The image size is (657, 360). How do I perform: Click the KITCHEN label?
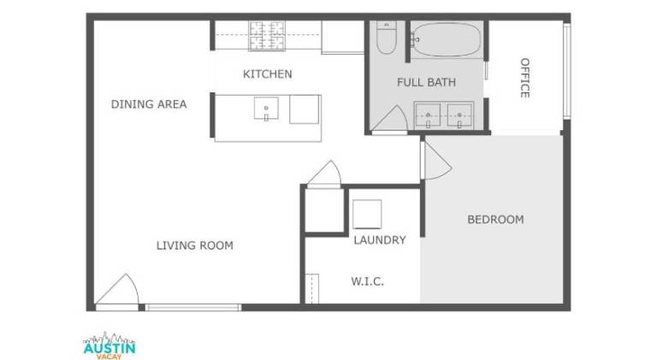pos(267,74)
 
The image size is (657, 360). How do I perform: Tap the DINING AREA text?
pos(149,104)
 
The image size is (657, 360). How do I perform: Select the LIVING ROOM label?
pos(195,245)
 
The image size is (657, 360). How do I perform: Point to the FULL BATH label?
pos(426,82)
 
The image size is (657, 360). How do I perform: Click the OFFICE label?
pos(525,78)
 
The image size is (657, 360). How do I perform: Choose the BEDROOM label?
pos(495,220)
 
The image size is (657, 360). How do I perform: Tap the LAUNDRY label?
pos(380,240)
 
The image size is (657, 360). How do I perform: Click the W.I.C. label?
pos(368,281)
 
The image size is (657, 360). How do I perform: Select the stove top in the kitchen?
pos(267,36)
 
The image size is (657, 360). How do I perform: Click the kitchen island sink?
pos(266,109)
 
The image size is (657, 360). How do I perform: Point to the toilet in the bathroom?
pos(386,38)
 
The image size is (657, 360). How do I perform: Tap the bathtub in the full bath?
pos(447,39)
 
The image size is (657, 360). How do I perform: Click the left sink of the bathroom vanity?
pos(428,115)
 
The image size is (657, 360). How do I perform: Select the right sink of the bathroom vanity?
pos(459,115)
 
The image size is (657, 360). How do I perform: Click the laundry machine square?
pos(367,214)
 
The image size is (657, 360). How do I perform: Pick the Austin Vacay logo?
pos(109,345)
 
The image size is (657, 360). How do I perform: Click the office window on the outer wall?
pos(566,71)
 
